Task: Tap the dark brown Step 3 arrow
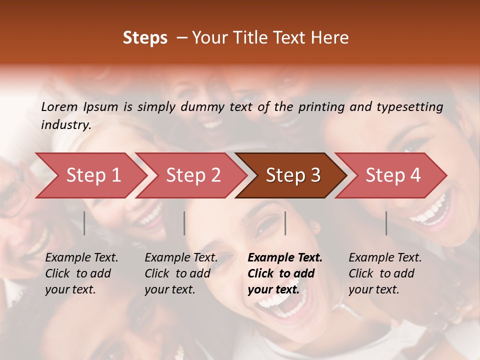tap(293, 175)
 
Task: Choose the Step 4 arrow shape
tap(393, 175)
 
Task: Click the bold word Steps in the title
tap(145, 38)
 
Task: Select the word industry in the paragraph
tap(66, 125)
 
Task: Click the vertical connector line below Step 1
tap(84, 223)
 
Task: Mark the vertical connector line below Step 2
tap(184, 223)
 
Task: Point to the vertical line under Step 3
tap(285, 223)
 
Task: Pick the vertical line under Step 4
tap(386, 223)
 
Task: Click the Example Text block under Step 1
tap(81, 273)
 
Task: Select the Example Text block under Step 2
tap(181, 273)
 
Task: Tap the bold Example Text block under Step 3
tap(285, 273)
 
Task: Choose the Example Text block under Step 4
tap(385, 273)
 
